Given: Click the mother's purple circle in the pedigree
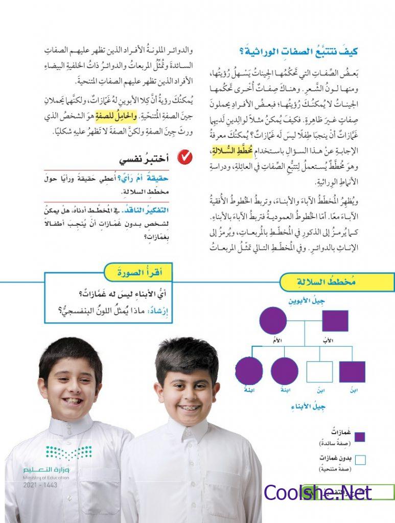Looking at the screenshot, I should click(273, 321).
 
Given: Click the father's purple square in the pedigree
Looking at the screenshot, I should click(335, 321).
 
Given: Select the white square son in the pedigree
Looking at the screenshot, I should click(319, 371).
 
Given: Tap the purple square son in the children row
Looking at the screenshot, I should click(352, 371).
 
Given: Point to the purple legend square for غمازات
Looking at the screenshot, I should click(360, 437).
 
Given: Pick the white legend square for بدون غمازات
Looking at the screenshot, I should click(360, 460).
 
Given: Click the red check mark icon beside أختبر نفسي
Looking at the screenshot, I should click(184, 158).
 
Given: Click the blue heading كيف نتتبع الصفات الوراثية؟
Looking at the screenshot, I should click(298, 51).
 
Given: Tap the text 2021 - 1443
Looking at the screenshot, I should click(40, 485).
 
